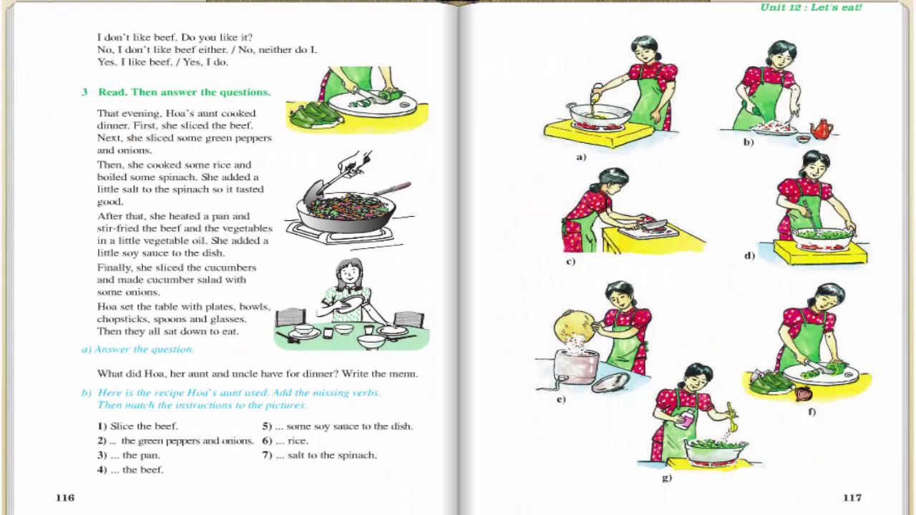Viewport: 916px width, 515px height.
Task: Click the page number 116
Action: pyautogui.click(x=65, y=497)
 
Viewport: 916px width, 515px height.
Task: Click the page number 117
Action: pyautogui.click(x=852, y=497)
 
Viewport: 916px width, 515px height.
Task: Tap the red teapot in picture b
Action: pyautogui.click(x=821, y=129)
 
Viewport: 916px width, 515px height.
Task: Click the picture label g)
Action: pyautogui.click(x=666, y=477)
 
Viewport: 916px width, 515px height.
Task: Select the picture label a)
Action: pyautogui.click(x=581, y=157)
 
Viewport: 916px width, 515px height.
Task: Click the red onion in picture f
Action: pyautogui.click(x=803, y=393)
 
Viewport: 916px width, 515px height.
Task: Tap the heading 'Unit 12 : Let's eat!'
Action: pyautogui.click(x=811, y=7)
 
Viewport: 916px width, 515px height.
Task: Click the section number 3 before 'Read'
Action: pyautogui.click(x=84, y=92)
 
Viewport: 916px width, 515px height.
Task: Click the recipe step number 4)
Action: pyautogui.click(x=102, y=470)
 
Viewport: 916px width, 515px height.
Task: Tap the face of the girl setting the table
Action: pyautogui.click(x=349, y=275)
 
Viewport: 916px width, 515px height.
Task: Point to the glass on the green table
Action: pyautogui.click(x=369, y=330)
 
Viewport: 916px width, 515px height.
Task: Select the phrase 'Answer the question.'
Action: pyautogui.click(x=144, y=350)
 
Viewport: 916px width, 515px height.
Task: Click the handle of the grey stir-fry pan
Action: pyautogui.click(x=391, y=189)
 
